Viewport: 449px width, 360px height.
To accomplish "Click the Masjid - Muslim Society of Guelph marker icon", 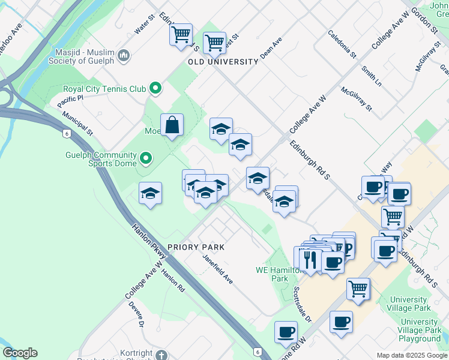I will (x=124, y=56).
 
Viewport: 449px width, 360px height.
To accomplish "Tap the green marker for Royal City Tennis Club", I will (x=155, y=89).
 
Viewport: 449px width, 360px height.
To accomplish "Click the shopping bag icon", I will (x=172, y=125).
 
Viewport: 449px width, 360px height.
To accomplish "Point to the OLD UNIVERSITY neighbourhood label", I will (x=223, y=62).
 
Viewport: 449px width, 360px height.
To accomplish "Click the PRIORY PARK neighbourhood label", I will (x=196, y=247).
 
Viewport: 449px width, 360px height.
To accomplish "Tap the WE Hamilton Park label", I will (x=280, y=274).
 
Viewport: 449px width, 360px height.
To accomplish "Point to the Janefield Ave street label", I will (x=217, y=269).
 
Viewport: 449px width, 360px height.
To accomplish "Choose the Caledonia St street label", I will (x=342, y=44).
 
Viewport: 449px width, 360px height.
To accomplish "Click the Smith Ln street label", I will (x=372, y=74).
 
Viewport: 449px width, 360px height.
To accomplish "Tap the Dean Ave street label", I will (x=271, y=49).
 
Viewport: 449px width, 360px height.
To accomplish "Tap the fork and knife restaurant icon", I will (x=310, y=259).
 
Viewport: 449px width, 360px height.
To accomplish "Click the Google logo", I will (x=20, y=353).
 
